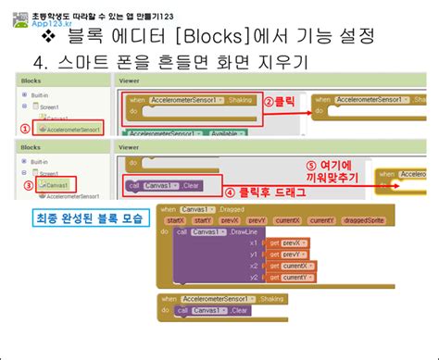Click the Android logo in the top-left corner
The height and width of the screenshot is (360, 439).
pyautogui.click(x=15, y=19)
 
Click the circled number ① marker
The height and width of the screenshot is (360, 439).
pyautogui.click(x=26, y=130)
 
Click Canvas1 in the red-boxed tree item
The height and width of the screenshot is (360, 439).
pyautogui.click(x=57, y=185)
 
